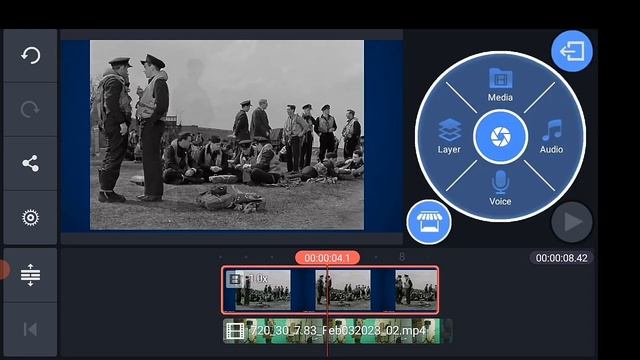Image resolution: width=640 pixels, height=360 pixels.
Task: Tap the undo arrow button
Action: coord(30,55)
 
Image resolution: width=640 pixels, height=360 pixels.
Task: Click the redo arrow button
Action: coord(30,110)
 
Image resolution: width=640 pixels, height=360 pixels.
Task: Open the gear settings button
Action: coord(30,218)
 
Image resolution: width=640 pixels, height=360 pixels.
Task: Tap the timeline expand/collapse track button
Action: coord(30,274)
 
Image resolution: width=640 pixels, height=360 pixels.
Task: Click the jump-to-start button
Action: coord(30,328)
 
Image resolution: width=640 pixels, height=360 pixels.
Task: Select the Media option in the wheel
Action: coord(500,84)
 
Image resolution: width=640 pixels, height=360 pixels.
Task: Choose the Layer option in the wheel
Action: coord(449,136)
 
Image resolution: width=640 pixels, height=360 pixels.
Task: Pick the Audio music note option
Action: coord(551,136)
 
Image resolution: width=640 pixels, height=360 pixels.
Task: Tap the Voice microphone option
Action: coord(500,188)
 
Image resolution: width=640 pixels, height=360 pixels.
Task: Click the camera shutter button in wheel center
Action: coord(500,137)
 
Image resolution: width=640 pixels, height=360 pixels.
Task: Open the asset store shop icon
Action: coord(429,222)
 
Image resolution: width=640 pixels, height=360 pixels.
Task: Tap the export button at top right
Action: coord(572,52)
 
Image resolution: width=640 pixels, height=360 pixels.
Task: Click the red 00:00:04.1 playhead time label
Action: coord(327,258)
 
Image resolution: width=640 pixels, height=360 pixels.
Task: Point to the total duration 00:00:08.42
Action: coord(562,258)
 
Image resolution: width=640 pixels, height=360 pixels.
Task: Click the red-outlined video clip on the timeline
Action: coord(330,290)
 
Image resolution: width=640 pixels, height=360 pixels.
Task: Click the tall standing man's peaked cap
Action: coord(152,61)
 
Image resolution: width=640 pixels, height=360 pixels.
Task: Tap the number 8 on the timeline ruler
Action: coord(402,258)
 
